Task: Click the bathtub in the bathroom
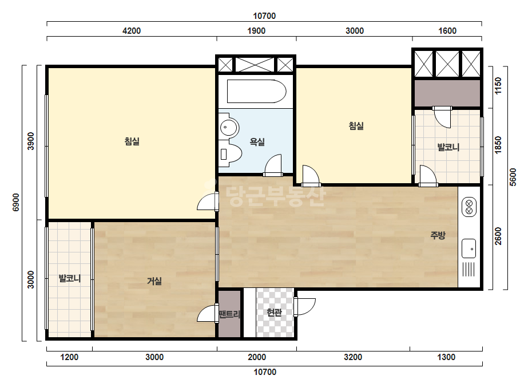tap(257, 92)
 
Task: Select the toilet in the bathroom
tap(231, 154)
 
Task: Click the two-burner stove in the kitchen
tap(469, 207)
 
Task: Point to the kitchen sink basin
tap(469, 248)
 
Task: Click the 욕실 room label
tap(257, 142)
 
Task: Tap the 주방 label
tap(438, 235)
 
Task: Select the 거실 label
tap(154, 281)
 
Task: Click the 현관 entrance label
tap(274, 313)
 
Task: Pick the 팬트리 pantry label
tap(229, 314)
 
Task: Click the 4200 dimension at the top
tap(132, 31)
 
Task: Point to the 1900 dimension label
tap(256, 31)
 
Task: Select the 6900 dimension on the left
tap(16, 202)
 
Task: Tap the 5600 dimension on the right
tap(513, 177)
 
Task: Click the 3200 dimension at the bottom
tap(353, 357)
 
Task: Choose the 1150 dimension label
tap(498, 86)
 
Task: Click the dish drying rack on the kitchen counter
tap(469, 269)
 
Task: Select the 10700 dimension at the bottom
tap(265, 372)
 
